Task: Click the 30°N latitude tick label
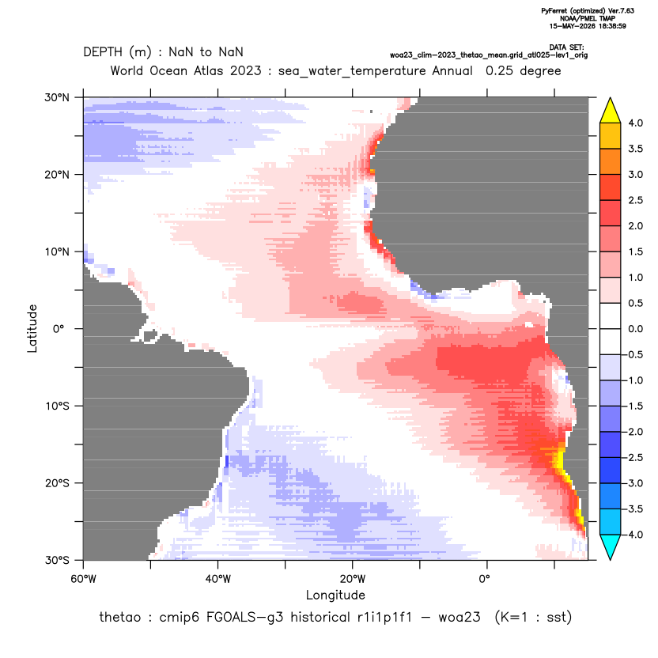pos(57,97)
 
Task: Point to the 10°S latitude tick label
pos(58,407)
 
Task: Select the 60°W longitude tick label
pos(84,579)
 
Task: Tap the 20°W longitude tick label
pos(353,579)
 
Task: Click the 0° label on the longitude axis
pos(485,579)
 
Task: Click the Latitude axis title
pos(32,328)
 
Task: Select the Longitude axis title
pos(335,595)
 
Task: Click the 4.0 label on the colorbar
pos(635,123)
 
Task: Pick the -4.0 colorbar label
pos(633,535)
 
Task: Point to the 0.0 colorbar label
pos(635,329)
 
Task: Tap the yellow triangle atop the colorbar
pos(611,111)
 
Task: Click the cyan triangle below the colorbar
pos(611,547)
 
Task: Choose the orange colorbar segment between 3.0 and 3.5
pos(611,161)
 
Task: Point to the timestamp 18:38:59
pos(613,26)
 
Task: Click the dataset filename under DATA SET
pos(489,55)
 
